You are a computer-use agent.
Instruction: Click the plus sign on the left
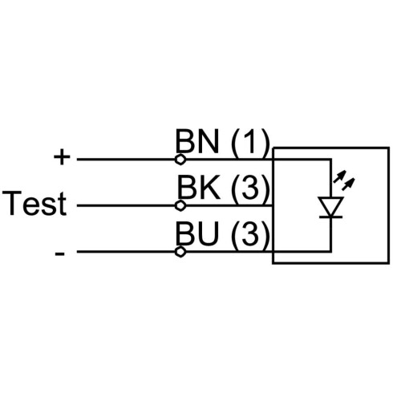click(62, 157)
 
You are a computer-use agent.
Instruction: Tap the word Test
click(34, 203)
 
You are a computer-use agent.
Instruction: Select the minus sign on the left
click(59, 253)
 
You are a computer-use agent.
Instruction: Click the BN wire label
click(196, 141)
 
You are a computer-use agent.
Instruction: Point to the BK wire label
click(198, 187)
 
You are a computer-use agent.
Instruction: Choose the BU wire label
click(196, 233)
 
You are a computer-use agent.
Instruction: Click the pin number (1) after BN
click(250, 142)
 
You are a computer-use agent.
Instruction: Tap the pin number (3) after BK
click(250, 188)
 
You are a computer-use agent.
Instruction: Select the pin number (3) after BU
click(250, 235)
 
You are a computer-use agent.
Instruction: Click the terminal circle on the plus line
click(180, 160)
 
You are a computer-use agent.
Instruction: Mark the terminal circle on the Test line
click(180, 205)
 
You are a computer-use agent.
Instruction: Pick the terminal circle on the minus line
click(180, 252)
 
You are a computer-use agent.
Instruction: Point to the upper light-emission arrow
click(339, 176)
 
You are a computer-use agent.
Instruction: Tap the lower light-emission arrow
click(348, 184)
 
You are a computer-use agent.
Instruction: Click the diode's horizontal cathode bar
click(331, 217)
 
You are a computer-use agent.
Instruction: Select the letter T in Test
click(12, 203)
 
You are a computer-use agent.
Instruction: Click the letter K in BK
click(210, 187)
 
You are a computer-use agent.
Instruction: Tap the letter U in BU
click(208, 233)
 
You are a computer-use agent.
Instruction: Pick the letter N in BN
click(209, 141)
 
